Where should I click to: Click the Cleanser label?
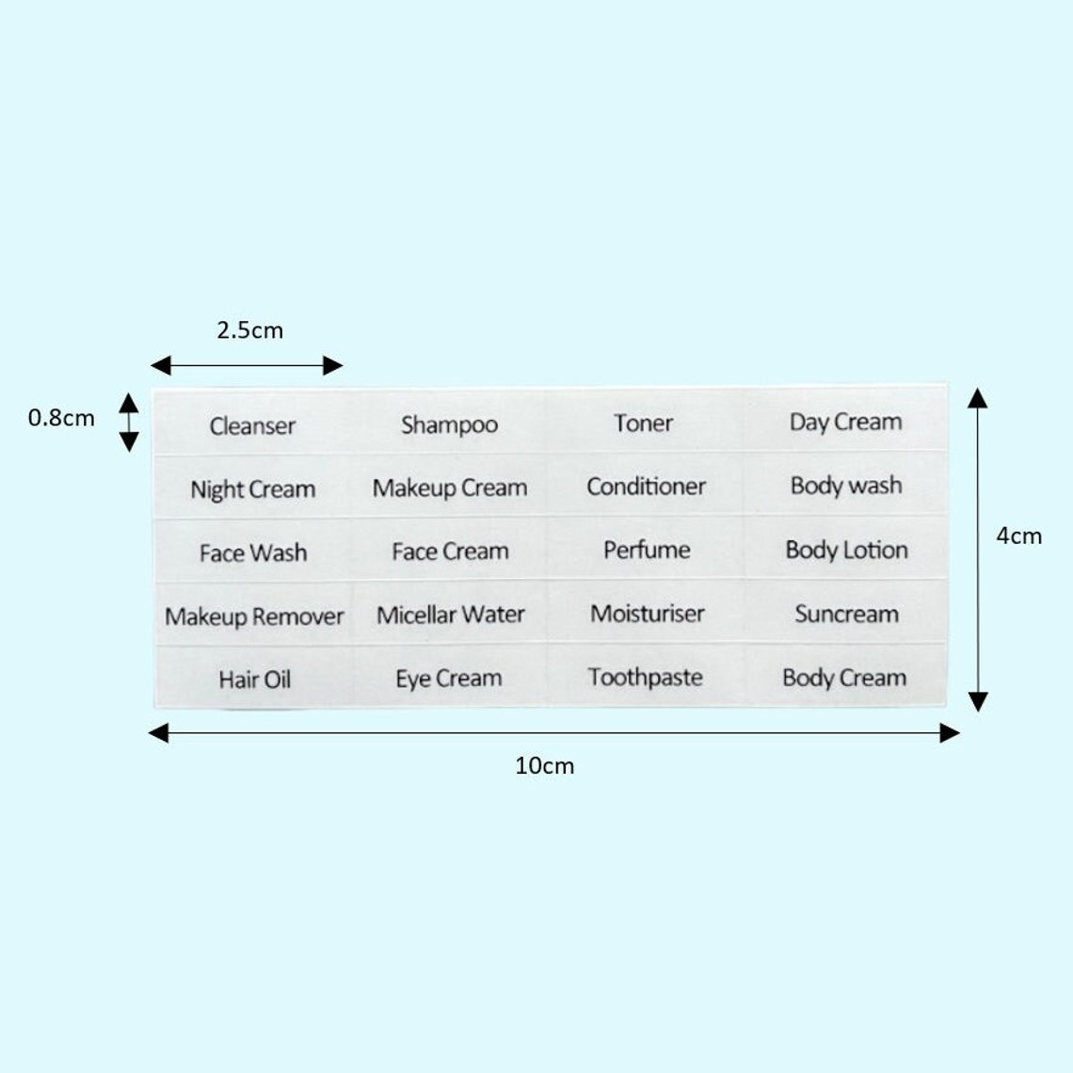252,424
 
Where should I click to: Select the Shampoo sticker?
449,424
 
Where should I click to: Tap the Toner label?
643,423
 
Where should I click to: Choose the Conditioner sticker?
646,486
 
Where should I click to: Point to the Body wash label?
846,485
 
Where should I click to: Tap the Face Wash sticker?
253,552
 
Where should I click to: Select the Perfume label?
647,549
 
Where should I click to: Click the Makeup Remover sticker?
254,616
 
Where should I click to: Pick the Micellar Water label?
450,614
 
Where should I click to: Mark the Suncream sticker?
846,613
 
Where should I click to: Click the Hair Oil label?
254,679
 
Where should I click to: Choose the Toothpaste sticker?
646,677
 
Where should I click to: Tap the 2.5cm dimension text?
249,330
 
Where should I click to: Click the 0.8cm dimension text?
61,417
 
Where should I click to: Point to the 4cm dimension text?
1019,536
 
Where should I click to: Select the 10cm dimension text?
545,765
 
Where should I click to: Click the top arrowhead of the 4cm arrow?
978,397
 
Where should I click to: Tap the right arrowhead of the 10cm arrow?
950,733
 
